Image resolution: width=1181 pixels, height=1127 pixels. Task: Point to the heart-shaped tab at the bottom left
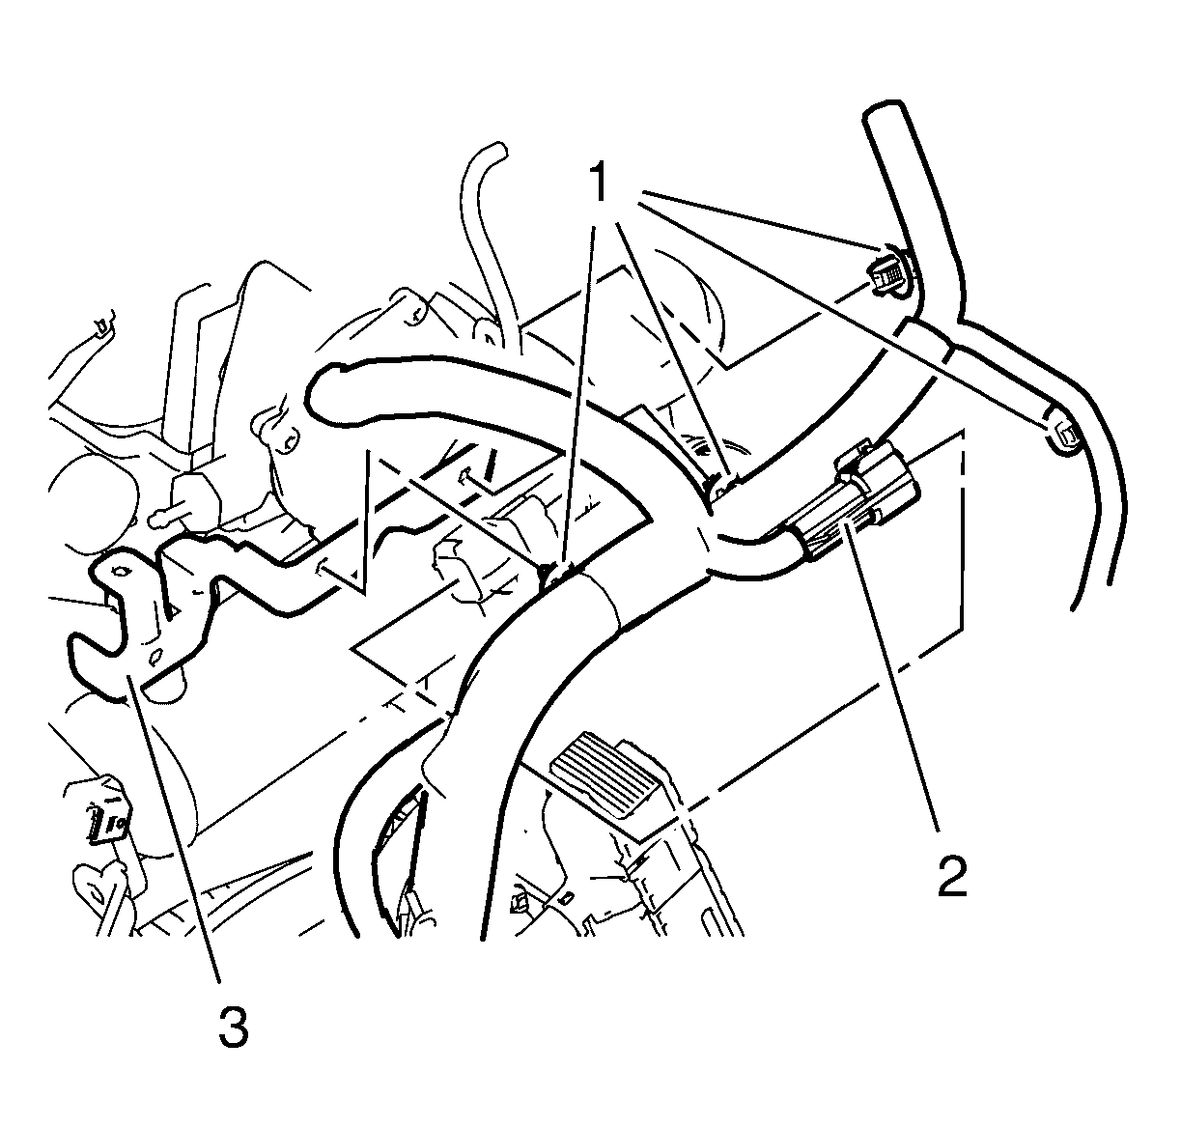[x=97, y=889]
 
